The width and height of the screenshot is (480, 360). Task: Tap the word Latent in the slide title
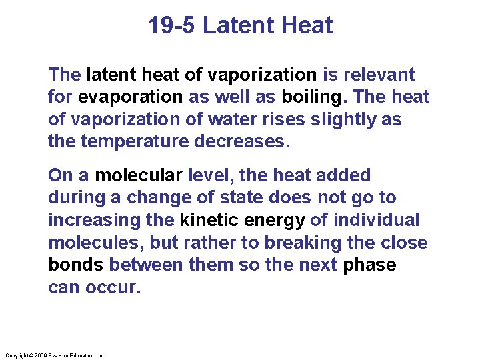point(231,26)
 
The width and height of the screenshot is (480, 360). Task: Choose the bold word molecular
point(139,175)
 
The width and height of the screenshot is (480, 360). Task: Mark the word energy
point(275,220)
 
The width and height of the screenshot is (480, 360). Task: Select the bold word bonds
point(76,265)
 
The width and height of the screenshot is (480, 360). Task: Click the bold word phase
point(369,265)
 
